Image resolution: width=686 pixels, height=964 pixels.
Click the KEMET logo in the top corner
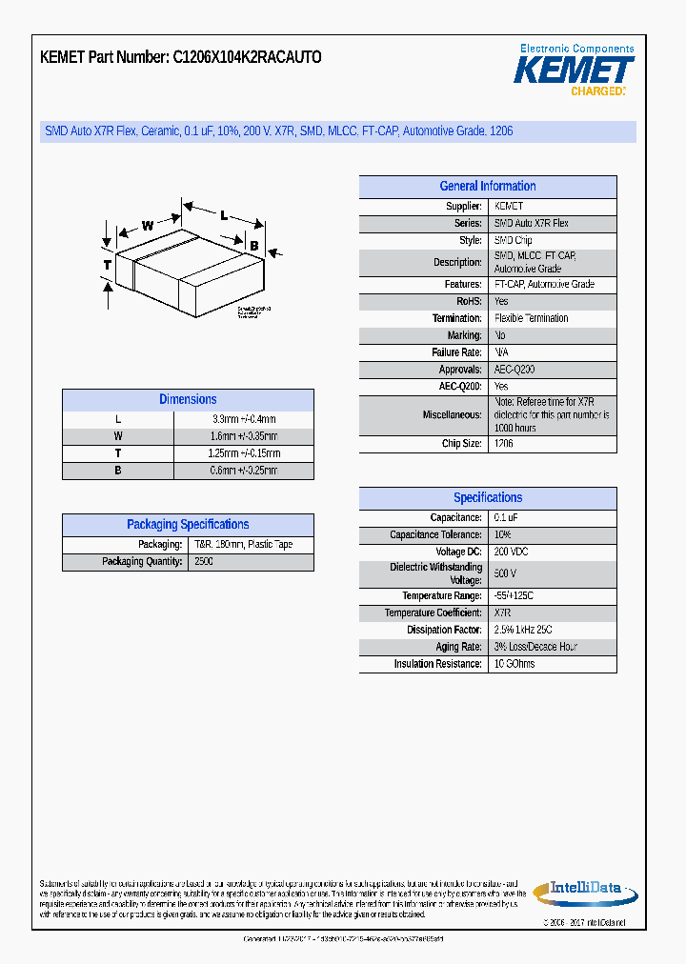[x=574, y=70]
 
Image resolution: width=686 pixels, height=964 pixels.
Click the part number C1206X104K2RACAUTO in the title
[x=247, y=57]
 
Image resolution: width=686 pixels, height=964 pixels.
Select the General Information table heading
[x=487, y=187]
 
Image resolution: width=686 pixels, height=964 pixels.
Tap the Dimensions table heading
[x=188, y=400]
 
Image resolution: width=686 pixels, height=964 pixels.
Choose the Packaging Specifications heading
[x=188, y=525]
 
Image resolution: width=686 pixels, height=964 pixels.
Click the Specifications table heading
[x=487, y=498]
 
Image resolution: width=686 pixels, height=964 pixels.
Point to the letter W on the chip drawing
[x=148, y=226]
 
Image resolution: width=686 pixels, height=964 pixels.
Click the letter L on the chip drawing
[x=224, y=215]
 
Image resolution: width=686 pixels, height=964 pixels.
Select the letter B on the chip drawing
[x=253, y=246]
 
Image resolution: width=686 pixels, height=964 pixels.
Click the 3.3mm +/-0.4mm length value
[x=244, y=419]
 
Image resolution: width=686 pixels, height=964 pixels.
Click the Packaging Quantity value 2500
[x=204, y=562]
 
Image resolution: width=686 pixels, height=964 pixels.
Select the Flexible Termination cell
[x=532, y=318]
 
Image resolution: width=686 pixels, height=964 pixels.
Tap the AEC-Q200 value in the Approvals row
[x=514, y=370]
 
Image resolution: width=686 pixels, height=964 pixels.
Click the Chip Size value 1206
[x=504, y=444]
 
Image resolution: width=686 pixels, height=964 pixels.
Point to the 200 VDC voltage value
[x=512, y=552]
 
